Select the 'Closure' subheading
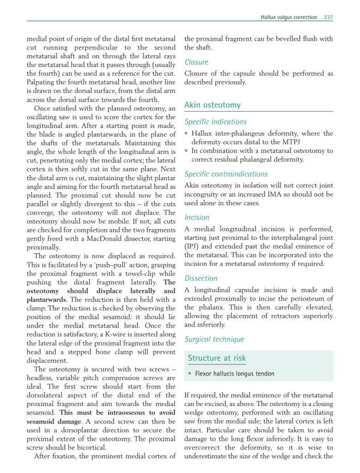tap(196, 62)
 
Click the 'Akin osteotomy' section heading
tap(212, 105)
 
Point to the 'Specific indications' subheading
tap(215, 122)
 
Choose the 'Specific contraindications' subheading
tap(226, 174)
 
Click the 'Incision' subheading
tap(197, 217)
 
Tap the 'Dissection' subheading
tap(201, 278)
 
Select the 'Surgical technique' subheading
tap(214, 340)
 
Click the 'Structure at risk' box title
tap(217, 358)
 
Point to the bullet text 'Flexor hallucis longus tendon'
tap(234, 374)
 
